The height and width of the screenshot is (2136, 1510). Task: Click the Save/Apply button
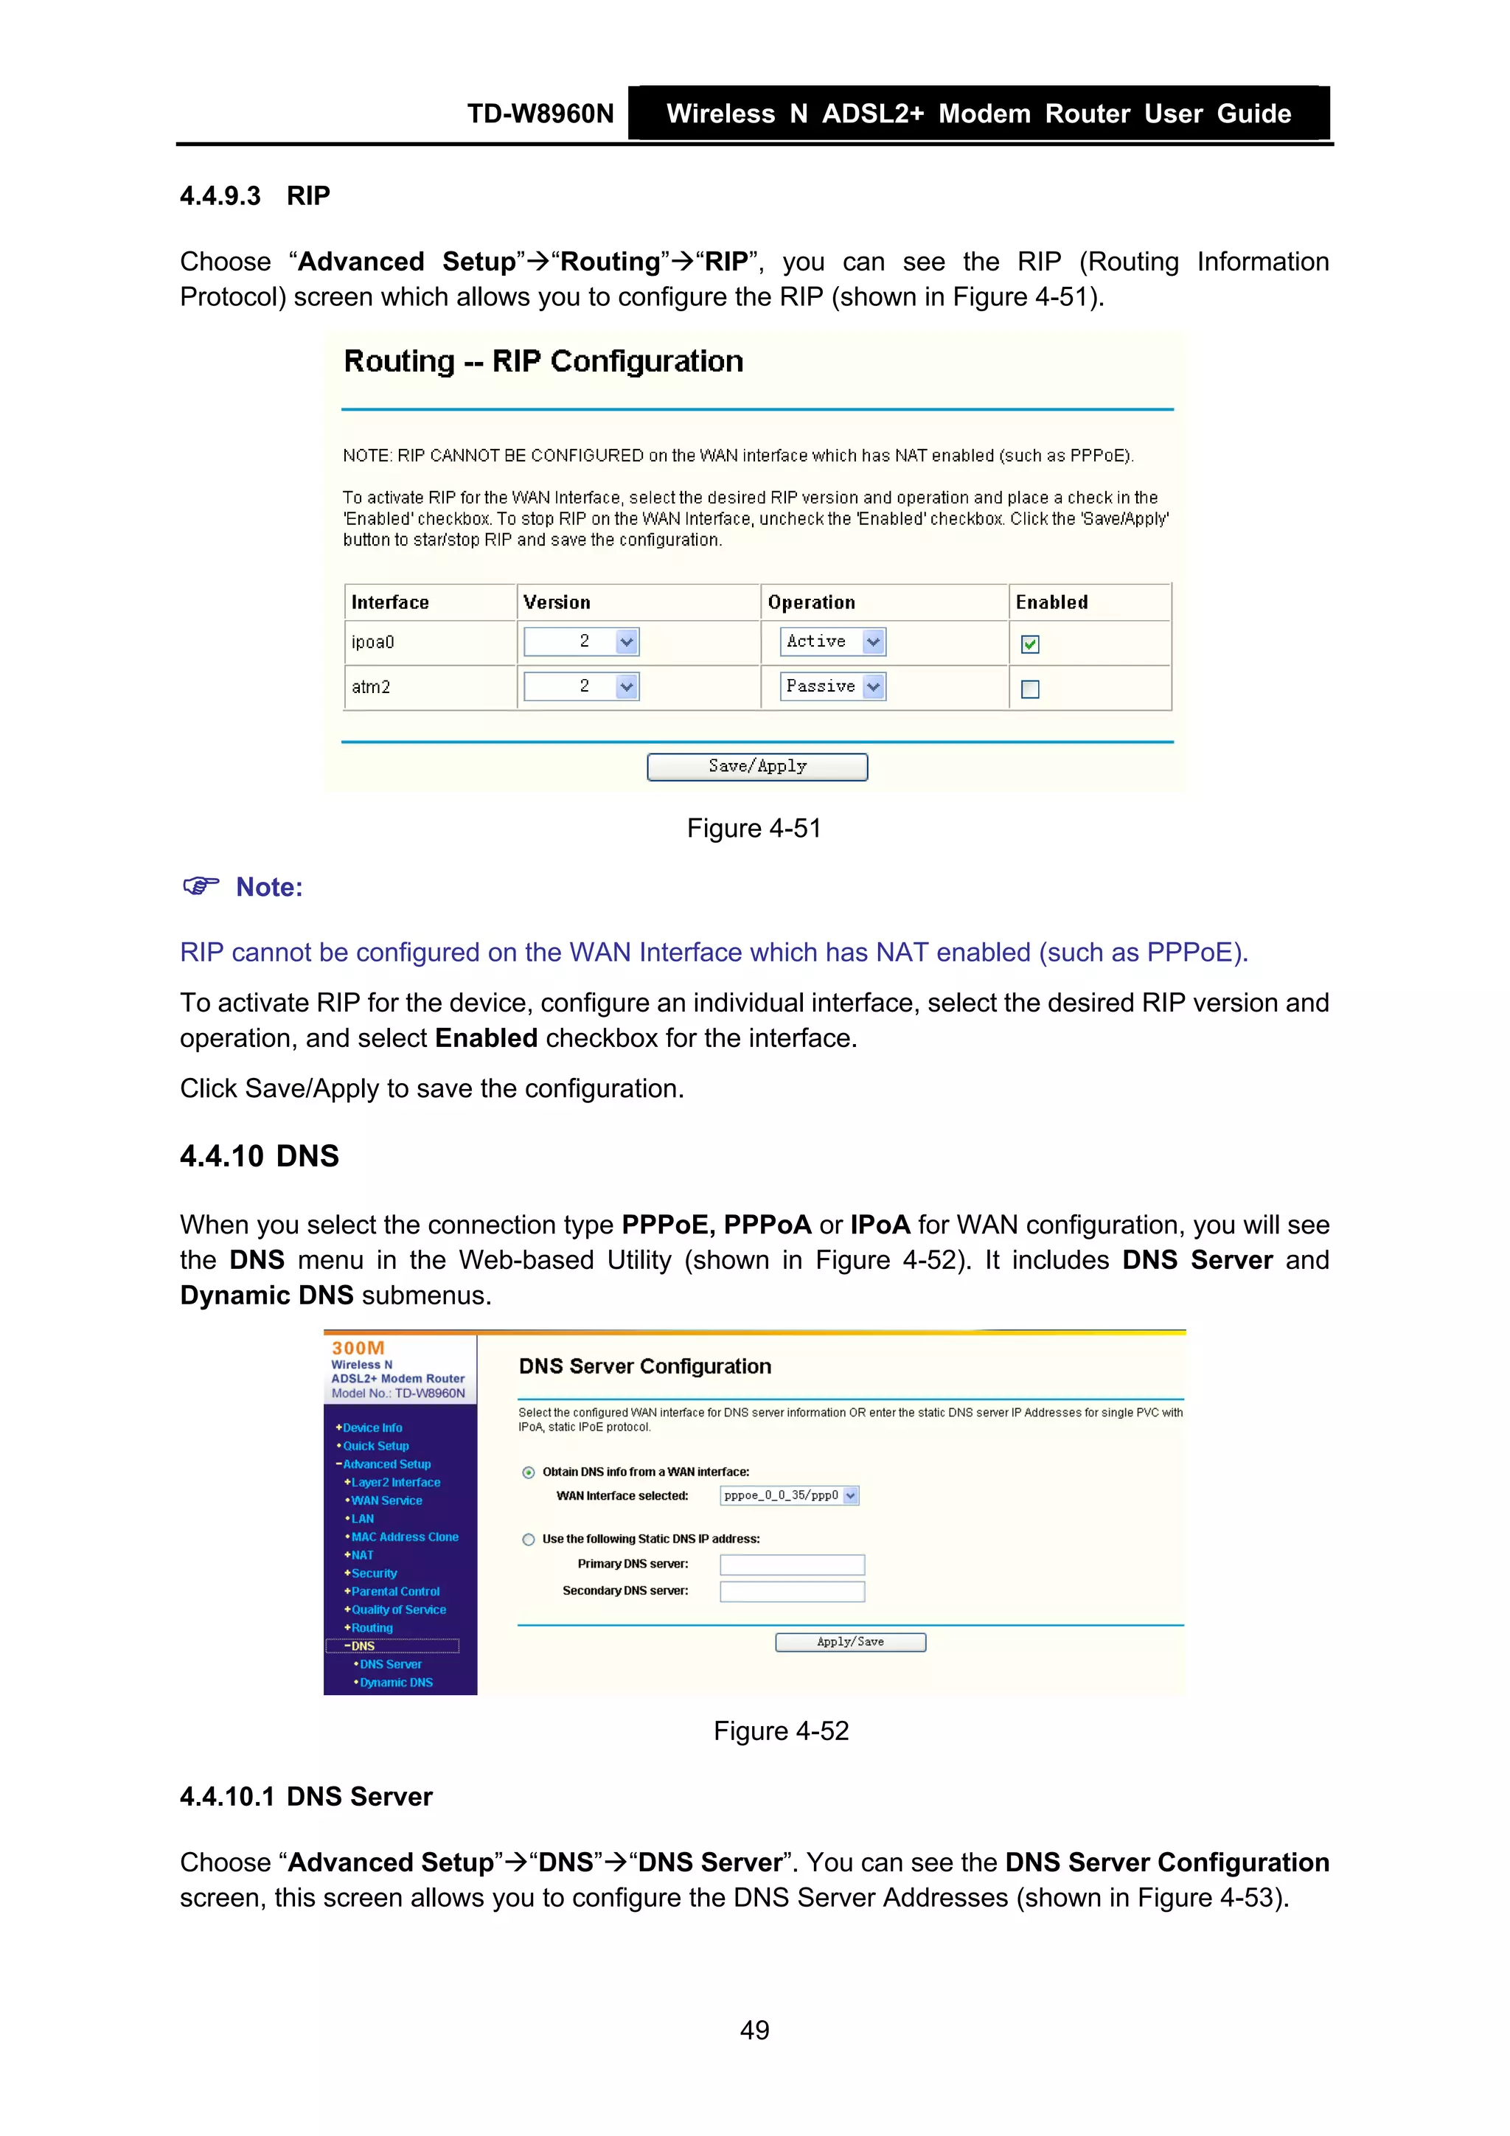tap(756, 767)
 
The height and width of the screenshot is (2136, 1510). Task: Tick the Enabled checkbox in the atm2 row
tap(1030, 689)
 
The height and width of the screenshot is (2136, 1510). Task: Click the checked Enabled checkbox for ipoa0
tap(1030, 644)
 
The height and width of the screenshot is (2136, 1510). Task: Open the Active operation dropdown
tap(832, 641)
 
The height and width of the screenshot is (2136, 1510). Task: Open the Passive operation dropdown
tap(832, 686)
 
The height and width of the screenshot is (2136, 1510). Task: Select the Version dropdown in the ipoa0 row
tap(582, 641)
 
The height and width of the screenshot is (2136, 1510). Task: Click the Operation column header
tap(811, 602)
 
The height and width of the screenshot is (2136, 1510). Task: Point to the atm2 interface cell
tap(370, 687)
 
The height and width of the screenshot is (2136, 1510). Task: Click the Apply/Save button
tap(850, 1642)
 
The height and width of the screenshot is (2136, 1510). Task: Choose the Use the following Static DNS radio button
tap(529, 1540)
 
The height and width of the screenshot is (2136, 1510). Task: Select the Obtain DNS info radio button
tap(529, 1472)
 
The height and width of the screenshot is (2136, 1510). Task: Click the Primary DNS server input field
tap(792, 1565)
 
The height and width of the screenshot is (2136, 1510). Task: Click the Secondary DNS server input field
tap(792, 1592)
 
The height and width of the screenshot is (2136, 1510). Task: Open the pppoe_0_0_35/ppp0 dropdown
tap(789, 1496)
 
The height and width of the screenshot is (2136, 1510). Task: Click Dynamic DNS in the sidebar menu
tap(397, 1683)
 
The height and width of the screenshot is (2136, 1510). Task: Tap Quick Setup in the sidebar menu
tap(376, 1446)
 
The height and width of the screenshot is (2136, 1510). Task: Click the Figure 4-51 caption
tap(754, 828)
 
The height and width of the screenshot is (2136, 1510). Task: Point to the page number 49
tap(754, 2030)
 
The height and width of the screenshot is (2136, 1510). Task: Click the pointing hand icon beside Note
tap(200, 886)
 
